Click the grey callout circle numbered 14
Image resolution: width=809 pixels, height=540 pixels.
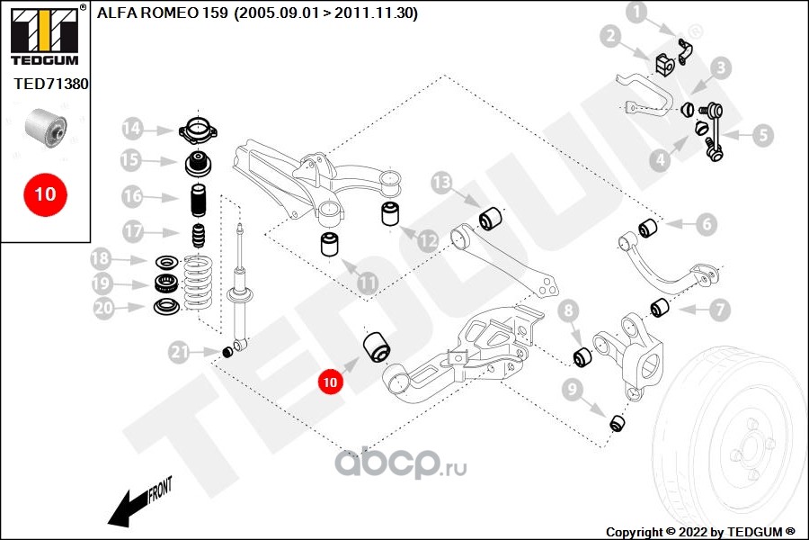coord(133,129)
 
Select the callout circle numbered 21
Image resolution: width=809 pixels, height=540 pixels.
coord(181,352)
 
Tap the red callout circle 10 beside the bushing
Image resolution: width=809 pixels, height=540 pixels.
coord(331,382)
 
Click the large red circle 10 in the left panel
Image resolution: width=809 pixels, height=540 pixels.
coord(45,193)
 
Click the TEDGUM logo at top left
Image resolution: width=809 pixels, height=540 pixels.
coord(43,34)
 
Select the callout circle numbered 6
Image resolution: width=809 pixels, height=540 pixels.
coord(704,223)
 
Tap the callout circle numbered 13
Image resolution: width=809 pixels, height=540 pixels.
coord(440,184)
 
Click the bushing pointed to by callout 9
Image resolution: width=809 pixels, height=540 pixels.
coord(618,421)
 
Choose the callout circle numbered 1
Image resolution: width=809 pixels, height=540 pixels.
coord(636,13)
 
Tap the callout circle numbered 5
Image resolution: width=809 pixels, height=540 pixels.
coord(762,136)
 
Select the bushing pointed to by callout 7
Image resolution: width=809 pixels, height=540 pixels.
coord(660,309)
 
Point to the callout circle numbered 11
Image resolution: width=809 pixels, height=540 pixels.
coord(368,283)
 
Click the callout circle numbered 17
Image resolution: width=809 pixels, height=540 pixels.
coord(133,231)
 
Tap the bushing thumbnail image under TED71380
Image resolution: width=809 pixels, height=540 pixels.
coord(46,127)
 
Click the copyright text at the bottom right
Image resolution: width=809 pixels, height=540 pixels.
coord(700,531)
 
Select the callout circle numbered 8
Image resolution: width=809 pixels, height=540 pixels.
coord(567,312)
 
